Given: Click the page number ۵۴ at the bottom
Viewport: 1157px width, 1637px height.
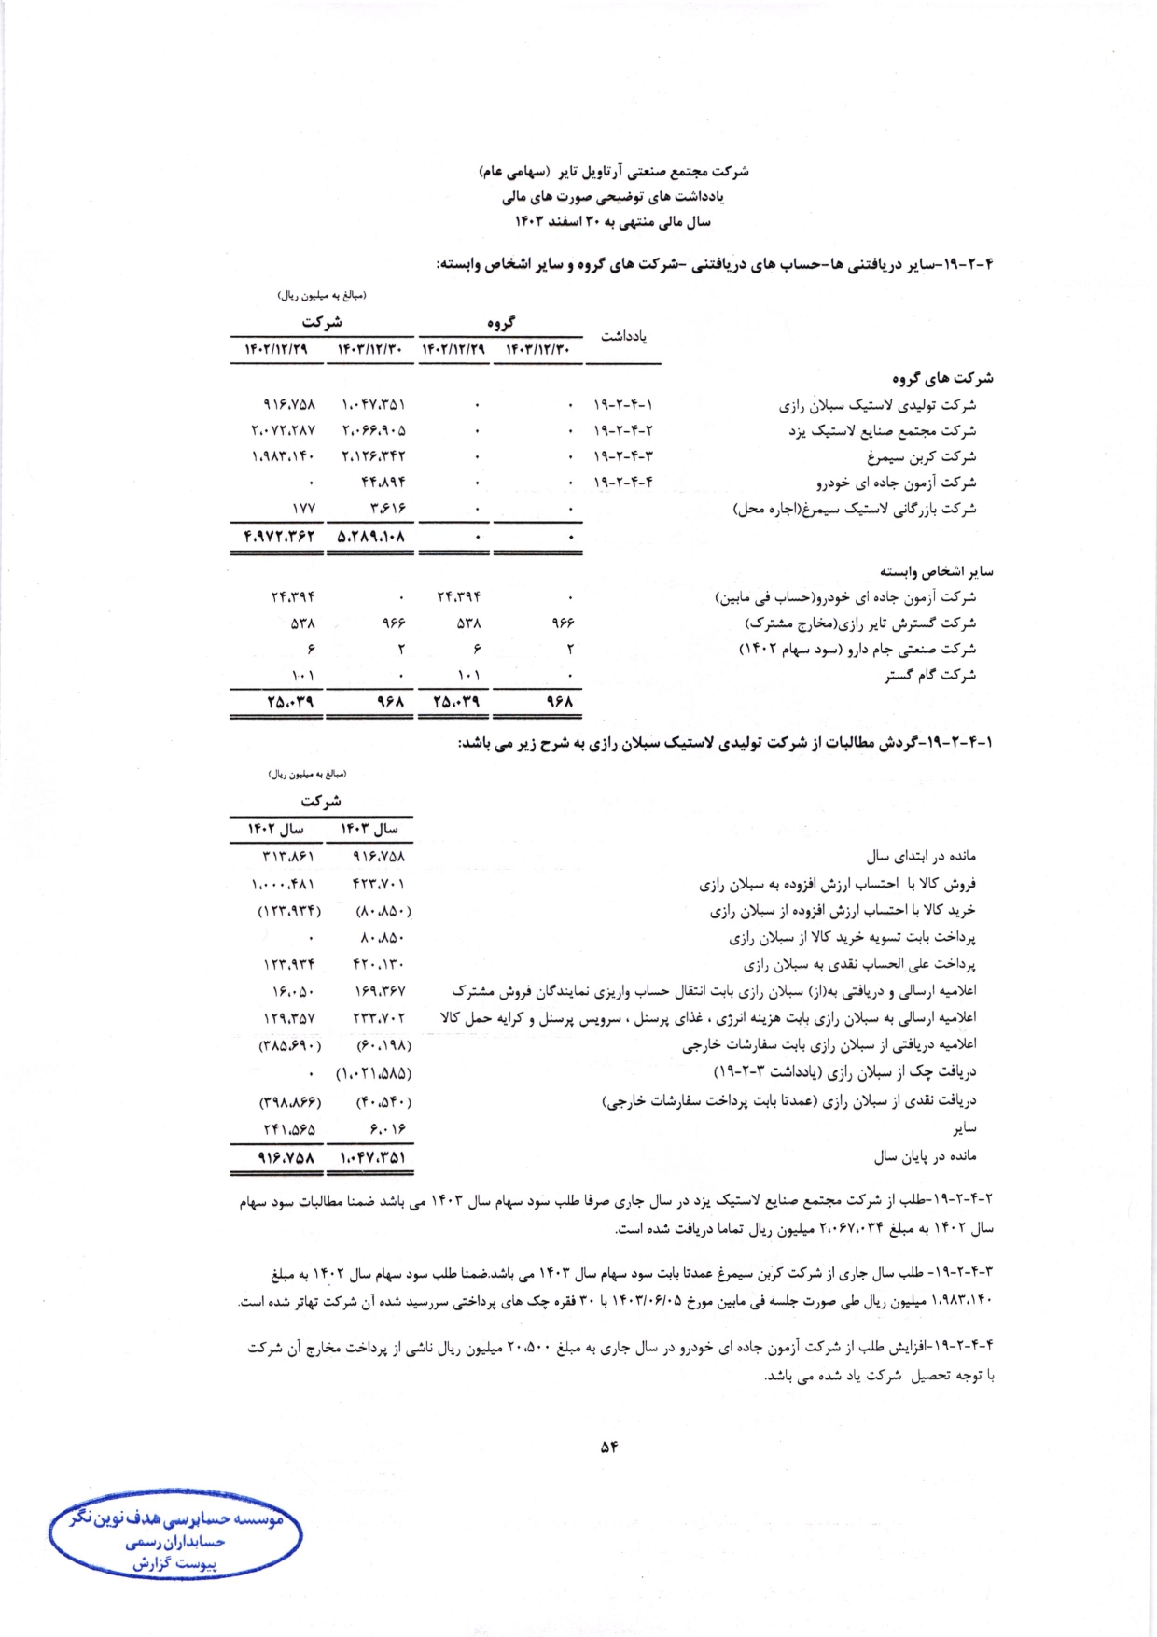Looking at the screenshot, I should pos(609,1448).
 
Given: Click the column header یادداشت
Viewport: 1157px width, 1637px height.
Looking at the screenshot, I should pos(623,336).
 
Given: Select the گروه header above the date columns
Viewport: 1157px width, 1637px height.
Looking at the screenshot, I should pos(500,323).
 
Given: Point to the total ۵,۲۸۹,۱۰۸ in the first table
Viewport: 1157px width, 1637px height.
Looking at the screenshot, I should pos(371,538).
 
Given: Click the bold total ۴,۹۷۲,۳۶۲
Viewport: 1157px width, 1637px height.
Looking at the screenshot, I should pos(279,538).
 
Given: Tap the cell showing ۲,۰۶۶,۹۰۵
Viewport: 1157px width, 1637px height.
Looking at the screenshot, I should pos(373,431).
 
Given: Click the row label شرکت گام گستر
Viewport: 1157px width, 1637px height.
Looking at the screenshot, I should pos(930,675).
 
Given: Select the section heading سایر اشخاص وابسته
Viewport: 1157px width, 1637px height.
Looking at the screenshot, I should pos(936,571).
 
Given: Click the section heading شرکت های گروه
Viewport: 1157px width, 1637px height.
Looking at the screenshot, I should pos(942,379).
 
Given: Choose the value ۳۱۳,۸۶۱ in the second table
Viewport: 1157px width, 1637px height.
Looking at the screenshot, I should pos(283,857).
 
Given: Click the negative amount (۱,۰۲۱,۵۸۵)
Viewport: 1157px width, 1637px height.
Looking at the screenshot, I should pos(374,1074).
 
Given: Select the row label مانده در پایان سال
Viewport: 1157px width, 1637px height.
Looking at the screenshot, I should pos(925,1157).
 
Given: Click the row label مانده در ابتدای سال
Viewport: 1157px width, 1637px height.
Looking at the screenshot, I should pos(921,856).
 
